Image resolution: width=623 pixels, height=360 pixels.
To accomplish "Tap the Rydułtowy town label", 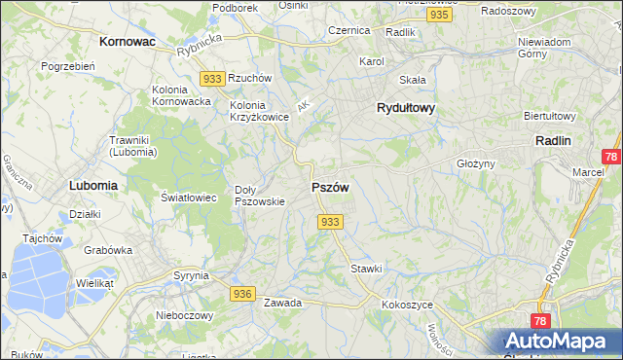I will (405, 109).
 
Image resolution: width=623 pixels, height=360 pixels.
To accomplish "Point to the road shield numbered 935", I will (439, 16).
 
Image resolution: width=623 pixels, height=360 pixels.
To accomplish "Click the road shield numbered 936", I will (243, 293).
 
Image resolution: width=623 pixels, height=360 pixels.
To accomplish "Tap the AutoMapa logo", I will (558, 342).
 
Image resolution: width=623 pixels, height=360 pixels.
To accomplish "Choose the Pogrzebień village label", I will (67, 66).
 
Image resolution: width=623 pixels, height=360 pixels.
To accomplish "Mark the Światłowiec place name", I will (189, 197).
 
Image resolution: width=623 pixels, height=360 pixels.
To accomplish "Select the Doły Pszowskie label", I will (260, 196).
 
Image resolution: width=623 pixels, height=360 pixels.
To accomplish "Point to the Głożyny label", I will (476, 163).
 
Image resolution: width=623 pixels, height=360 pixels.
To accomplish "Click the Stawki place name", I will (366, 268).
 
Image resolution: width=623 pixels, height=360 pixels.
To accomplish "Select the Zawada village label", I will (282, 303).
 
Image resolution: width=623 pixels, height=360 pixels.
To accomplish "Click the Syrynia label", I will (191, 275).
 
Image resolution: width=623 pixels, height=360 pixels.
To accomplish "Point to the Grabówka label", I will (107, 249).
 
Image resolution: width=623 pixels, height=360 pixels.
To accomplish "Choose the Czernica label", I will (348, 30).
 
